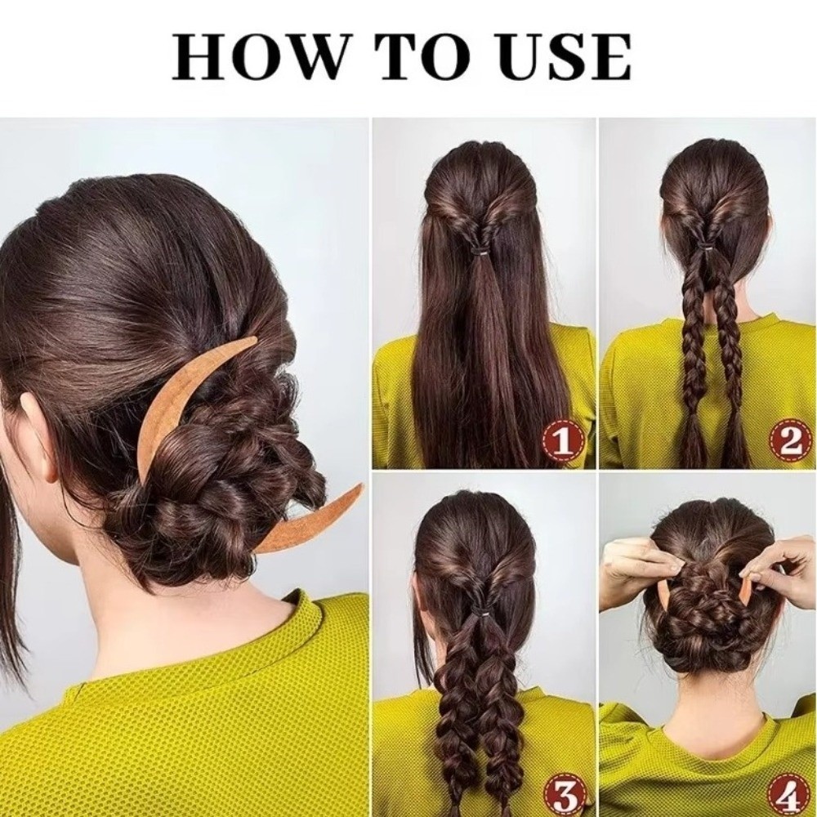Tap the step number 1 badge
(563, 442)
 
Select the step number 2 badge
(790, 442)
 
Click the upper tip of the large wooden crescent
(254, 339)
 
